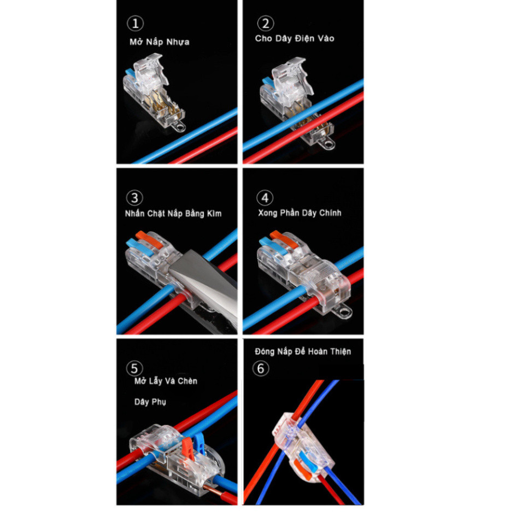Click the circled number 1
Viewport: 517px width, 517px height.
(135, 23)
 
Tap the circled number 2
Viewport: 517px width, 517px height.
(266, 23)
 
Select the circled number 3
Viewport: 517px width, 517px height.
(134, 198)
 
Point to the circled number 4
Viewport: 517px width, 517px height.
(265, 198)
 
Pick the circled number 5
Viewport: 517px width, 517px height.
(134, 368)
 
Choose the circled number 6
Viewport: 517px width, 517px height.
(261, 368)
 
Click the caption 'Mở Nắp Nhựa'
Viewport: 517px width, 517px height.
(160, 42)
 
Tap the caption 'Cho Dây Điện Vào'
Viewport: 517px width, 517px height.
(295, 39)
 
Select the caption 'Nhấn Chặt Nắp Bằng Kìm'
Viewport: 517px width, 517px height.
(173, 214)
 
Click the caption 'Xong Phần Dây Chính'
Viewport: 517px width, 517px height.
(299, 213)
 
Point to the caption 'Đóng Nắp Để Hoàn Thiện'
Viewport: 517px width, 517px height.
(303, 351)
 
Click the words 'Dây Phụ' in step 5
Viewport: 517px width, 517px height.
(150, 402)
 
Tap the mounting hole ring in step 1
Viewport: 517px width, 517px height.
(180, 126)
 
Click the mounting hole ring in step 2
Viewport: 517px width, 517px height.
(328, 144)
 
